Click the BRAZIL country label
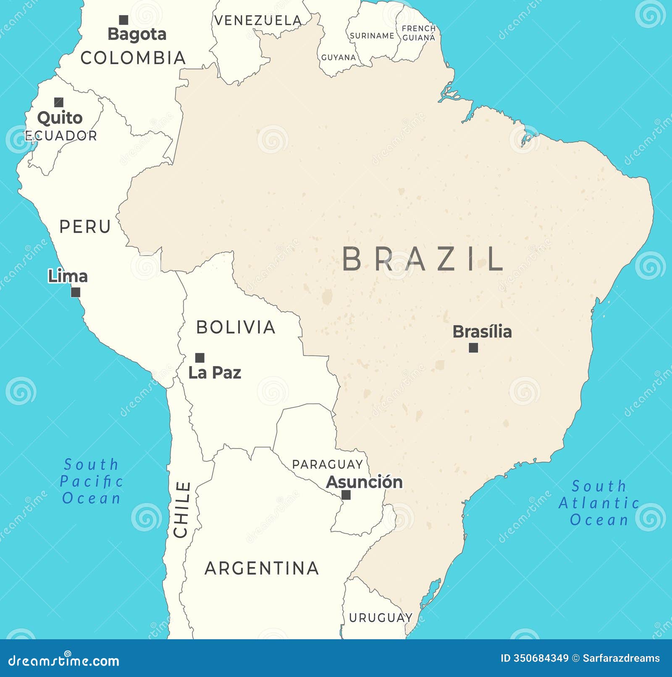423,259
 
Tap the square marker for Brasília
473,348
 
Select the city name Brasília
482,332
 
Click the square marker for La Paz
200,358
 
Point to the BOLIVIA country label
236,327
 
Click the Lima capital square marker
76,292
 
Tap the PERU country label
85,227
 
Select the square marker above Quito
59,102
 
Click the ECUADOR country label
61,136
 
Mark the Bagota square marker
123,20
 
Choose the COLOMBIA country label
133,58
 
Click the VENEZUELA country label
258,21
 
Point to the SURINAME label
372,36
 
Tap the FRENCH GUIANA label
419,33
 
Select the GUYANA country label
339,57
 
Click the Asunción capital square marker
346,495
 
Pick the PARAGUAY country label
328,464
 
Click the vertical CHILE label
182,510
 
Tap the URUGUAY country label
381,618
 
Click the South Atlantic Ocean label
599,503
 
